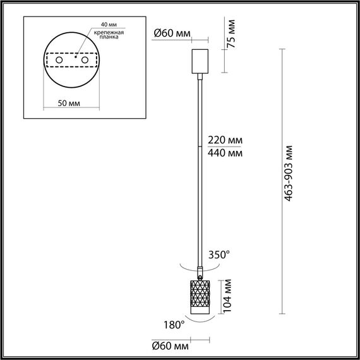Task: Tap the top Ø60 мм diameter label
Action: (172, 33)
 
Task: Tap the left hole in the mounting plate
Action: (59, 60)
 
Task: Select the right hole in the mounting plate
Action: (82, 60)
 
